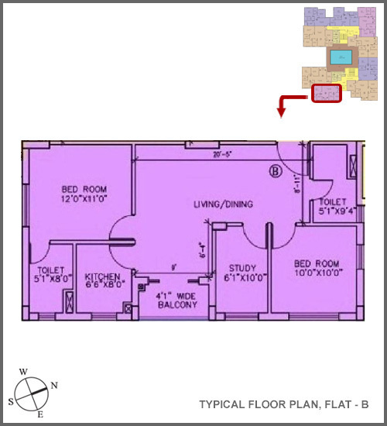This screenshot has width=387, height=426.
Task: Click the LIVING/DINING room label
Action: tap(223, 204)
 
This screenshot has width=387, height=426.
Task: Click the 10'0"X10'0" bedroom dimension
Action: tap(316, 273)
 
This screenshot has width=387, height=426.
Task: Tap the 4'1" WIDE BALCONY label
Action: tap(176, 300)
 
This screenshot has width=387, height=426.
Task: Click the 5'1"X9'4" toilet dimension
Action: tap(337, 209)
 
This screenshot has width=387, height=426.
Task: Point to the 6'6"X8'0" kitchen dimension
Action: tap(103, 284)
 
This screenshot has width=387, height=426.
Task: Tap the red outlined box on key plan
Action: tap(327, 94)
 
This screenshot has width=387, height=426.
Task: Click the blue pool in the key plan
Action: tap(340, 57)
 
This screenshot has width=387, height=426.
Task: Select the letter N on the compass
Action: tap(53, 385)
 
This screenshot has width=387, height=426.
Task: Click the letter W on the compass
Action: tap(23, 371)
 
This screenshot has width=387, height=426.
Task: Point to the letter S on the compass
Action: tap(11, 401)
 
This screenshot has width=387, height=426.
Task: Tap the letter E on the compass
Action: tap(40, 416)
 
